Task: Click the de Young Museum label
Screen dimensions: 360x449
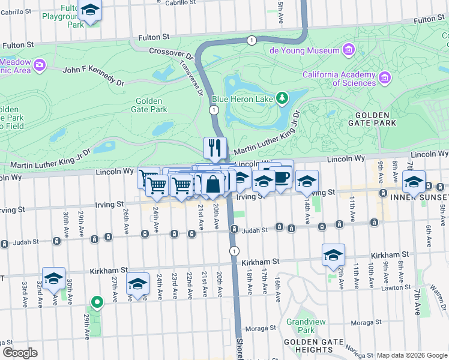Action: (x=304, y=51)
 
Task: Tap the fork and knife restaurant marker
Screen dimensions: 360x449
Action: (x=214, y=147)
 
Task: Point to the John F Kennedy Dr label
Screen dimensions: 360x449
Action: (x=93, y=70)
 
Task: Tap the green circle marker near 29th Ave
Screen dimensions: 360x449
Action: (x=96, y=302)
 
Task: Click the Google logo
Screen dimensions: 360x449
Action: (x=20, y=353)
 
